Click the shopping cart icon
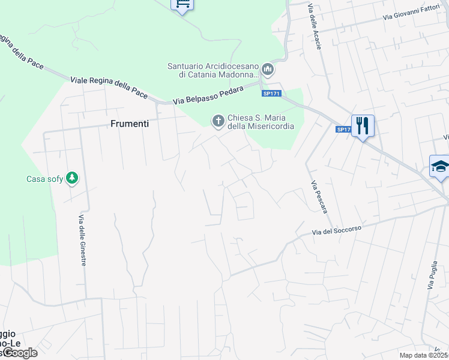(182, 4)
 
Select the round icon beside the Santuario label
(268, 71)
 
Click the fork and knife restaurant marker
(363, 125)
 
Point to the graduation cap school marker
(440, 166)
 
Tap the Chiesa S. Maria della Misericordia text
(261, 122)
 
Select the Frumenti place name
(130, 124)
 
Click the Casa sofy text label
(45, 179)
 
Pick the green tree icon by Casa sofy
(72, 178)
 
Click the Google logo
(19, 353)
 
